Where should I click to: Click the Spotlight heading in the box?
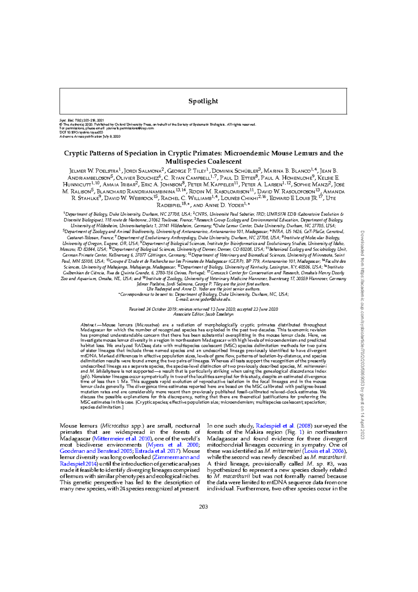[203, 101]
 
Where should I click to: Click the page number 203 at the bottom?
[203, 506]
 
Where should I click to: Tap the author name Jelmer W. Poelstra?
[94, 171]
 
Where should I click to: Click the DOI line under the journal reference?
[81, 133]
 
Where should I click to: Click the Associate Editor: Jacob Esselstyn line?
[203, 314]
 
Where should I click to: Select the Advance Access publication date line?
[90, 137]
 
